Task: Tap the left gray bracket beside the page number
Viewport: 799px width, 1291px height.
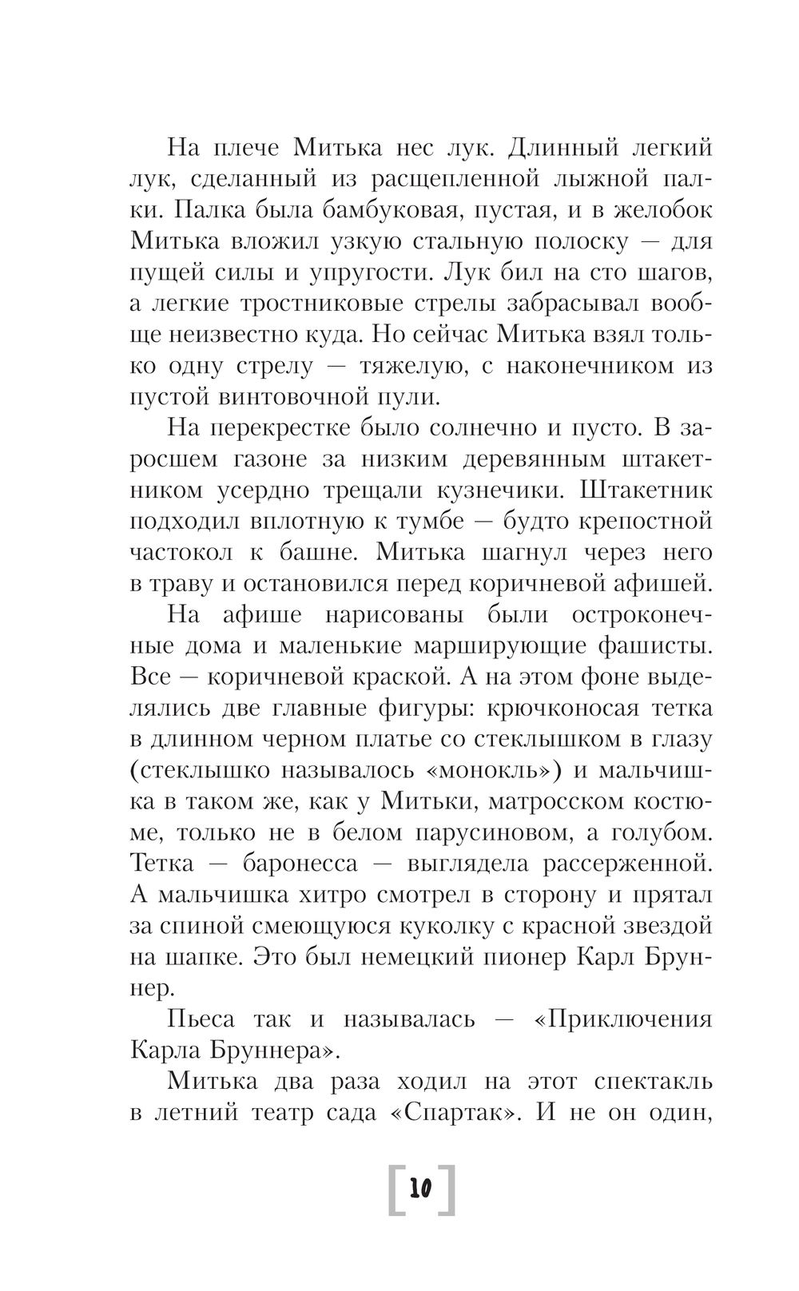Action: tap(395, 1190)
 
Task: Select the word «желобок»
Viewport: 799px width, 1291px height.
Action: tap(658, 211)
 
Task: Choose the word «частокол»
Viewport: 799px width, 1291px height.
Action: tap(181, 552)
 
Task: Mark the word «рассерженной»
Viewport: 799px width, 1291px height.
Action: tap(628, 863)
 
